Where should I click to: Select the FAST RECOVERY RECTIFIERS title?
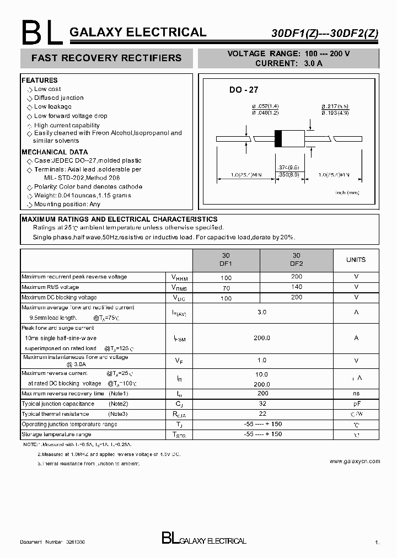click(x=106, y=58)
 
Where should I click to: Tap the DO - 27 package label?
click(x=244, y=90)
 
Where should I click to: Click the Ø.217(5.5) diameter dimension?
click(x=335, y=106)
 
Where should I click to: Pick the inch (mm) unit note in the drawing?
click(x=347, y=192)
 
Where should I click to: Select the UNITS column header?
click(x=356, y=260)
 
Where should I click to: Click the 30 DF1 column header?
click(x=226, y=260)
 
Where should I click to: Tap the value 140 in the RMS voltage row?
click(x=296, y=287)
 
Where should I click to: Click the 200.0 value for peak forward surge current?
click(x=262, y=338)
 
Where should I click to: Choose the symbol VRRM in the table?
click(x=179, y=277)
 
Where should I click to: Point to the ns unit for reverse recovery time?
click(x=356, y=394)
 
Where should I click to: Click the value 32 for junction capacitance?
click(x=262, y=404)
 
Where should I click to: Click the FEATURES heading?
click(x=40, y=81)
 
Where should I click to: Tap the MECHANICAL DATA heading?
click(x=55, y=152)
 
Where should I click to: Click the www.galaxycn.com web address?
click(x=355, y=461)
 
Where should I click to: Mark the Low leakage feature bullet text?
click(x=53, y=107)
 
